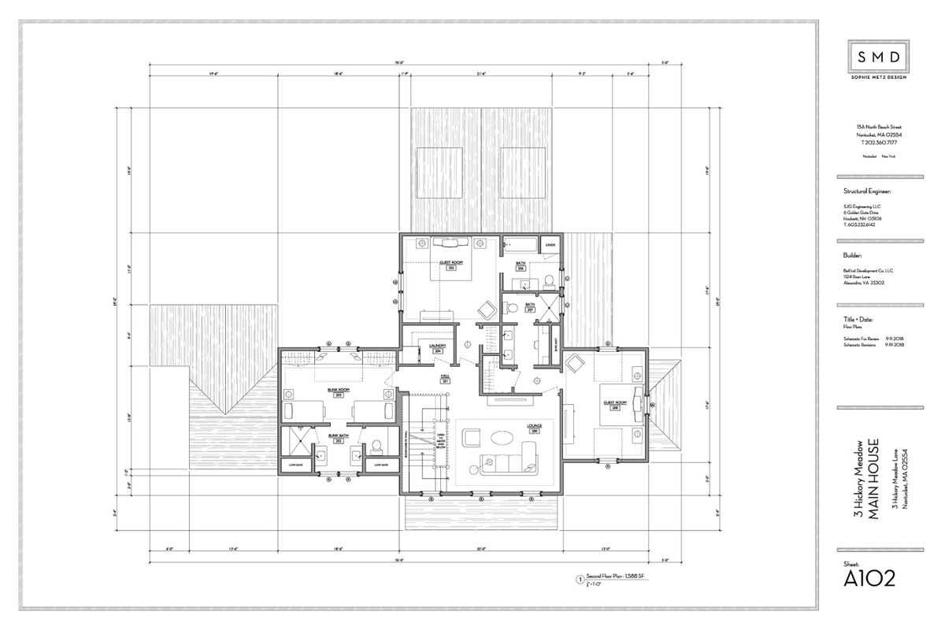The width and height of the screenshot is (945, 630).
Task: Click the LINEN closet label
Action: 550,245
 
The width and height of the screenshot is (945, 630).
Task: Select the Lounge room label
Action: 535,425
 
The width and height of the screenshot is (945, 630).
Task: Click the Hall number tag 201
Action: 445,382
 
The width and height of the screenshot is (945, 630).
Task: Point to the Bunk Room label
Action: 339,390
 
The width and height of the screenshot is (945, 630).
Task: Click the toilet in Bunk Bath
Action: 376,446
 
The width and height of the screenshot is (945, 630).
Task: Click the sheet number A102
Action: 869,580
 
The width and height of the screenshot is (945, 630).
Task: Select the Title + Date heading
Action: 859,318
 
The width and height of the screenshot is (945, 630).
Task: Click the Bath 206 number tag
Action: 521,269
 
